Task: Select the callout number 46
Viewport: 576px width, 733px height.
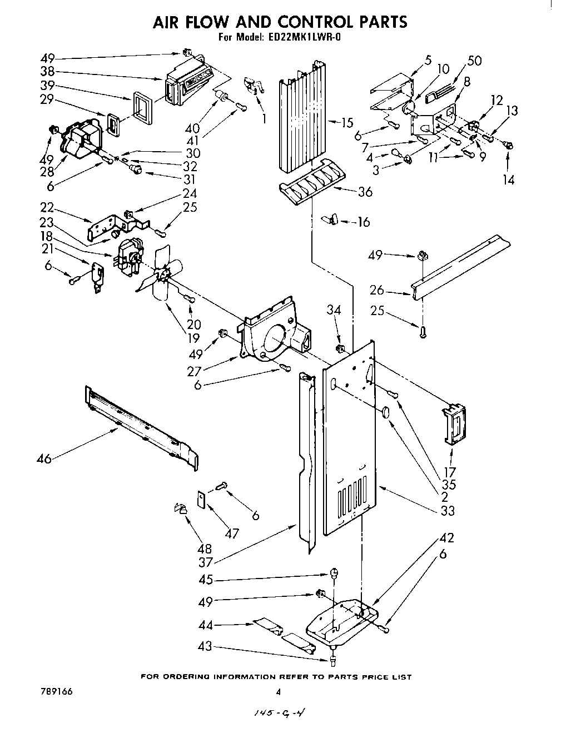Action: (x=44, y=458)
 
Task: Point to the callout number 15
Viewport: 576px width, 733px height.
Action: (x=347, y=123)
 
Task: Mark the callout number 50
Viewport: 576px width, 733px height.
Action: (x=475, y=61)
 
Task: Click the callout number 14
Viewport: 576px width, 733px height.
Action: (x=508, y=179)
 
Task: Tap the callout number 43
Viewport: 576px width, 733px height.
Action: (x=206, y=646)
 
